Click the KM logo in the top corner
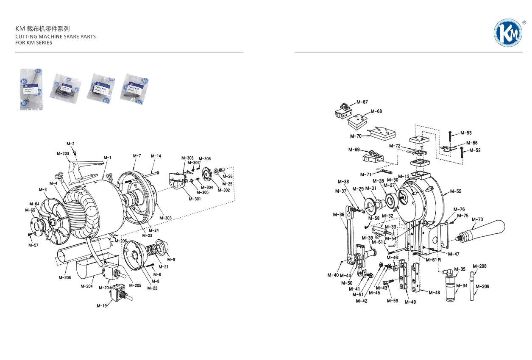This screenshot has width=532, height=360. click(x=508, y=33)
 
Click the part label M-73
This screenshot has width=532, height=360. click(x=477, y=219)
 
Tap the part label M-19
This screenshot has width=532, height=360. click(x=102, y=305)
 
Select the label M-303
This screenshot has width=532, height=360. click(x=165, y=218)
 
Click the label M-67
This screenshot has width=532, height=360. click(x=362, y=102)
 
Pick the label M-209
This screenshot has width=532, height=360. click(x=482, y=286)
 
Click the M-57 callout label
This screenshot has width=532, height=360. click(x=33, y=245)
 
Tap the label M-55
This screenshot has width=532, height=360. click(x=456, y=191)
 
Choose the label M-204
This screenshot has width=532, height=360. click(x=86, y=286)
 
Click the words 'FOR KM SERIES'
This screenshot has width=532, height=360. click(x=33, y=43)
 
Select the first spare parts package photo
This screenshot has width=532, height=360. click(x=31, y=89)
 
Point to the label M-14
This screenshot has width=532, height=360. click(x=156, y=156)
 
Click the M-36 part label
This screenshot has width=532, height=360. click(x=339, y=214)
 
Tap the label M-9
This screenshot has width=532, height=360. click(x=171, y=259)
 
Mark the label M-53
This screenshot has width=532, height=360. click(x=466, y=133)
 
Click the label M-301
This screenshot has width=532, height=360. click(x=195, y=199)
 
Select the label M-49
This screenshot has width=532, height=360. click(x=410, y=302)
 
